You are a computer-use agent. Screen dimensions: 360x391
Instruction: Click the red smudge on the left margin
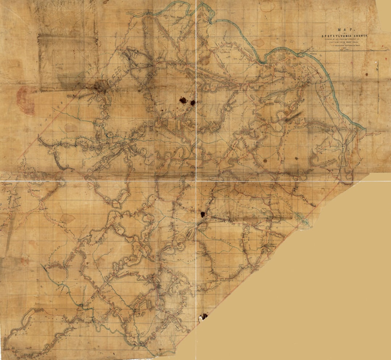[25, 100]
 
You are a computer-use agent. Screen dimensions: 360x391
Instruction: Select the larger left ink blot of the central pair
[184, 100]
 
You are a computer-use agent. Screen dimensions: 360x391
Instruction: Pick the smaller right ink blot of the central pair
[193, 103]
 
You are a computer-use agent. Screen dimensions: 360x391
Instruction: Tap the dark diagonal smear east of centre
[293, 116]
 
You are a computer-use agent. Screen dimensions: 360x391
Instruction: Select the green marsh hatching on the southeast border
[302, 219]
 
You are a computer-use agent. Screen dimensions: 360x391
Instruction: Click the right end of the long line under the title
[385, 50]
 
